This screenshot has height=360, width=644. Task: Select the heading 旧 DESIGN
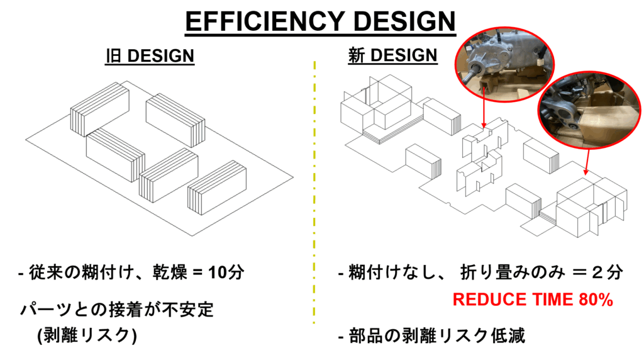click(x=150, y=55)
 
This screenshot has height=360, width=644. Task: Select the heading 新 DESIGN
click(x=392, y=55)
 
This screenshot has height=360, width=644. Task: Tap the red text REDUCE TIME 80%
click(x=533, y=300)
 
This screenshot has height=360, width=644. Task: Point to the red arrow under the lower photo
click(x=587, y=163)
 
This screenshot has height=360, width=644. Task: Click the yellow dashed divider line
click(x=313, y=189)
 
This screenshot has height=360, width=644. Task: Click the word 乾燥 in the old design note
click(x=165, y=274)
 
